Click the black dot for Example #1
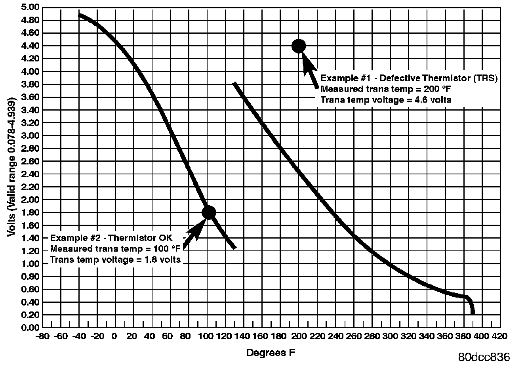[x=299, y=46]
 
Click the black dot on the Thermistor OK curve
[x=209, y=212]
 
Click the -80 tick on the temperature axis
[x=42, y=336]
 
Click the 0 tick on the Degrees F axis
[x=114, y=336]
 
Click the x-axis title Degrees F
[x=271, y=353]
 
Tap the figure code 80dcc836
[x=484, y=357]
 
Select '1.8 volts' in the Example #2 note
[x=163, y=260]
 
